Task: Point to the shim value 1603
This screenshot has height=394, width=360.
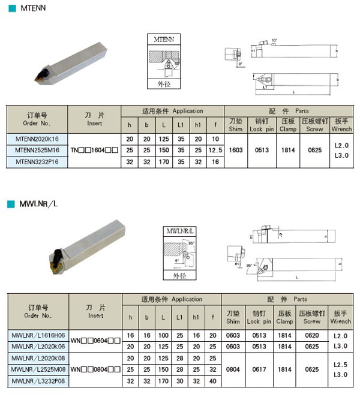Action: click(236, 150)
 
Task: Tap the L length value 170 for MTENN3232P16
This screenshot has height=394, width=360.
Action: click(166, 161)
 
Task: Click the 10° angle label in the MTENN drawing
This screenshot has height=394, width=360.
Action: click(275, 40)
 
